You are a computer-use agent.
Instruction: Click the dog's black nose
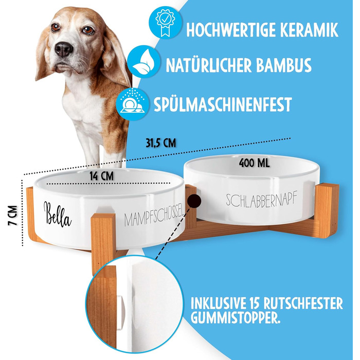click(x=64, y=49)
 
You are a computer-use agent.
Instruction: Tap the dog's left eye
click(x=88, y=29)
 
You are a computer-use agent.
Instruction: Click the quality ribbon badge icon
click(x=165, y=23)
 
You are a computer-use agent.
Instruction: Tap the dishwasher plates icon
click(x=133, y=104)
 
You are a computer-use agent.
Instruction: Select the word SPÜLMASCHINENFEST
click(x=223, y=104)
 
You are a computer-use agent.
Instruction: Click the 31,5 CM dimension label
click(x=160, y=143)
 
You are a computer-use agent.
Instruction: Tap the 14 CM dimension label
click(x=101, y=176)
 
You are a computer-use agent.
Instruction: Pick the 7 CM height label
click(x=13, y=215)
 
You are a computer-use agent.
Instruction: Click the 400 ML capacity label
click(x=254, y=163)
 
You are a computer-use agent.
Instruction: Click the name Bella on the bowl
click(x=58, y=214)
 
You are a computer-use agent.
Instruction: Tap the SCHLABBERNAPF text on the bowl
click(x=261, y=199)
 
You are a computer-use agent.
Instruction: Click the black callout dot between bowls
click(x=194, y=201)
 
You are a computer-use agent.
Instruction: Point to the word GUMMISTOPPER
click(x=236, y=318)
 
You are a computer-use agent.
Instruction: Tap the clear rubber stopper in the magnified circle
click(x=120, y=313)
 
